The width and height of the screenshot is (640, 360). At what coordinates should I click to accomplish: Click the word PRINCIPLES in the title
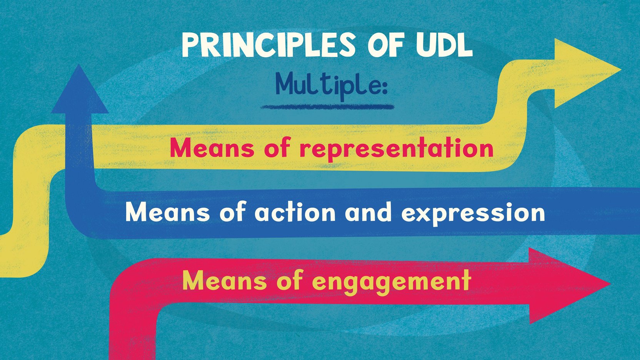click(x=269, y=46)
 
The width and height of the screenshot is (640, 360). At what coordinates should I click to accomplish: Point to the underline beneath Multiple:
click(x=327, y=107)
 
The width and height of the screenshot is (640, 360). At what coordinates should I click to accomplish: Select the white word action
click(x=295, y=213)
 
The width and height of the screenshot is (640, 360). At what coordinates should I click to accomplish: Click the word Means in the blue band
click(x=167, y=213)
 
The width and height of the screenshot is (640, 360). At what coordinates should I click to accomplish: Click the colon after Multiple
click(x=384, y=87)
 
